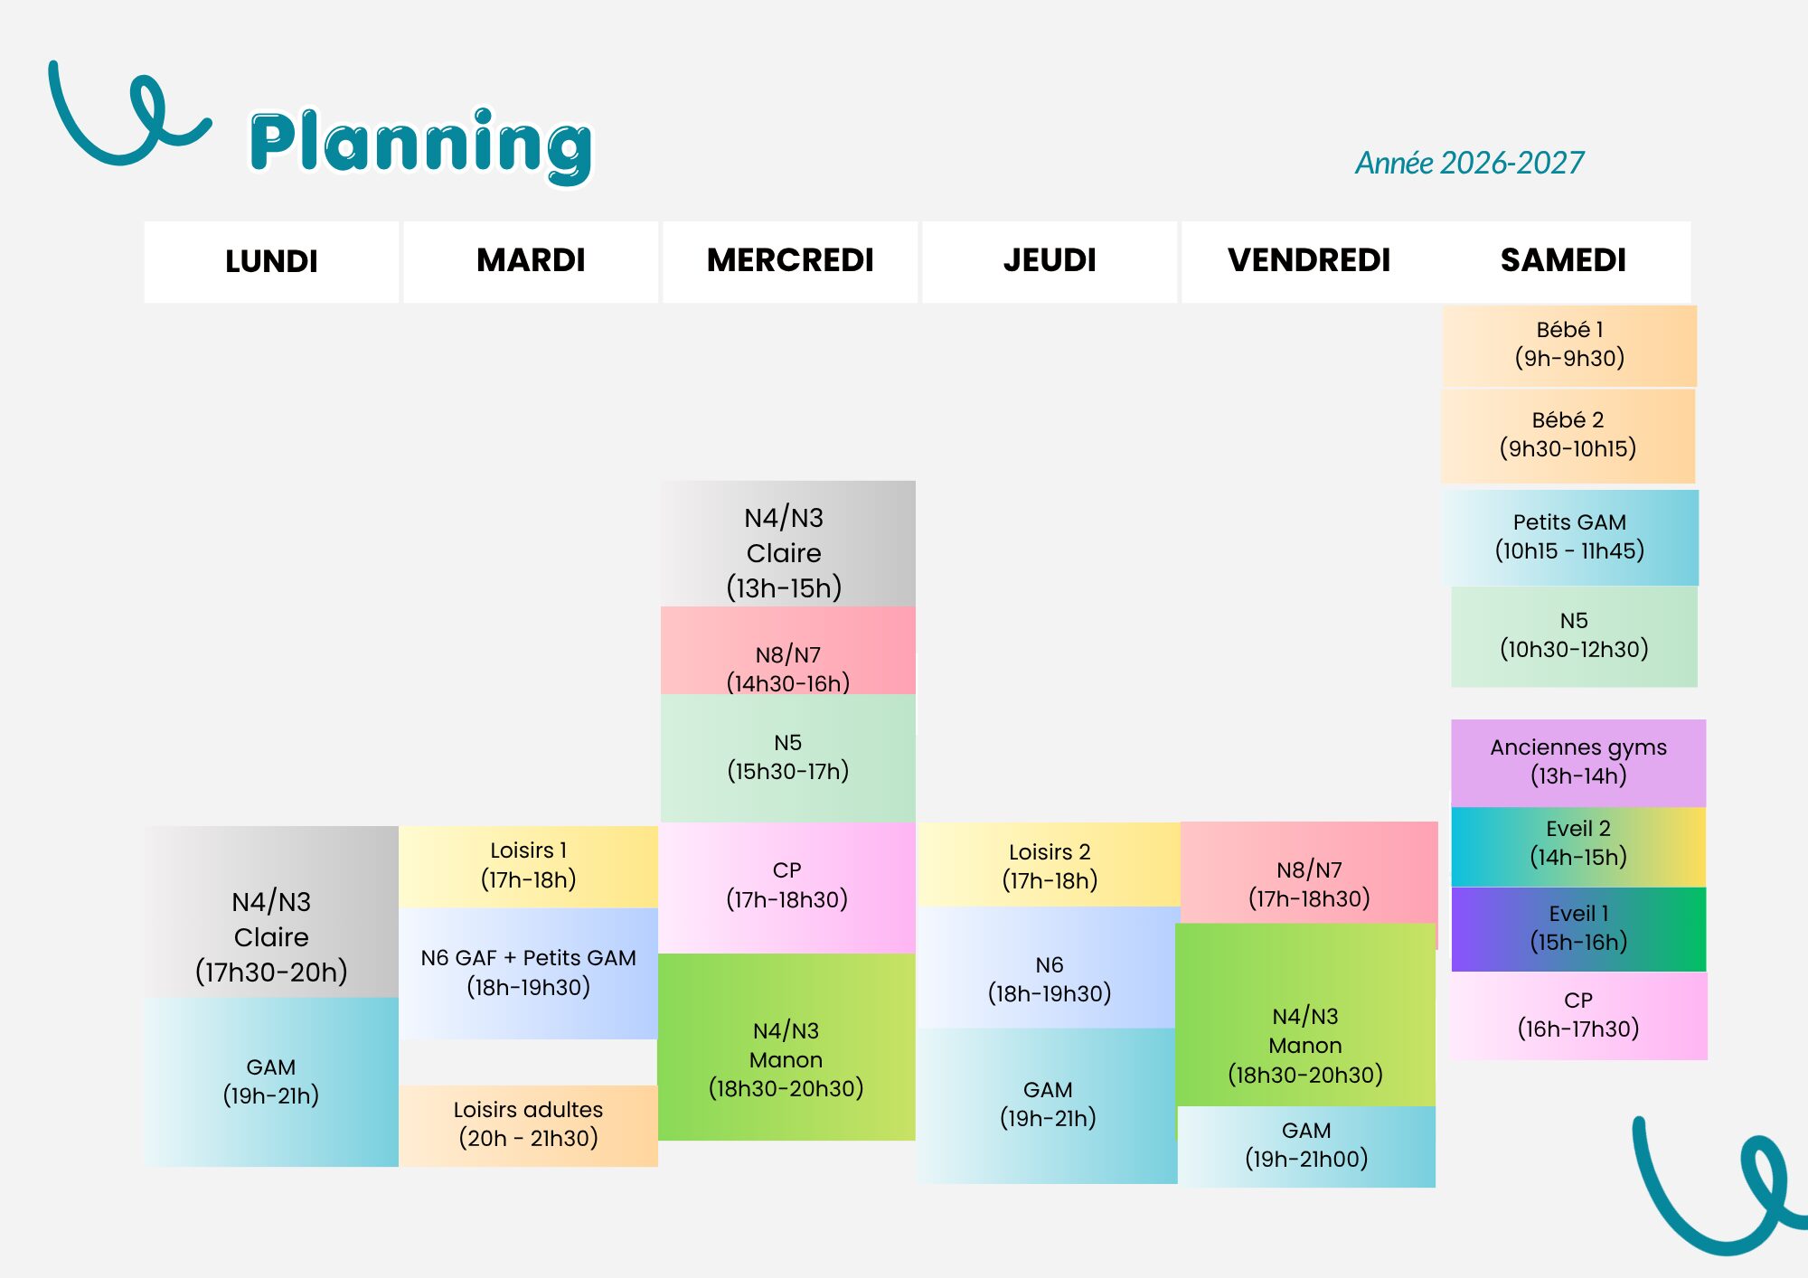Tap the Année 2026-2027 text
1469,163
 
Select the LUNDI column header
271,261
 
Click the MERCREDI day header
790,260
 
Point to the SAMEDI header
1563,260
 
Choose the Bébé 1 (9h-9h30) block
1569,345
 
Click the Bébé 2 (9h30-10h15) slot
1568,436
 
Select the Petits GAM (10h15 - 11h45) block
1570,537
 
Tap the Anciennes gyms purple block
1578,762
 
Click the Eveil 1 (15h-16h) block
1578,929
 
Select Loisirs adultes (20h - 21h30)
529,1125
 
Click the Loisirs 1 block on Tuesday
529,866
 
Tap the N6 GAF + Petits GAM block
529,973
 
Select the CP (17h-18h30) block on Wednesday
787,887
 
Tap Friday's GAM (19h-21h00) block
1306,1146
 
